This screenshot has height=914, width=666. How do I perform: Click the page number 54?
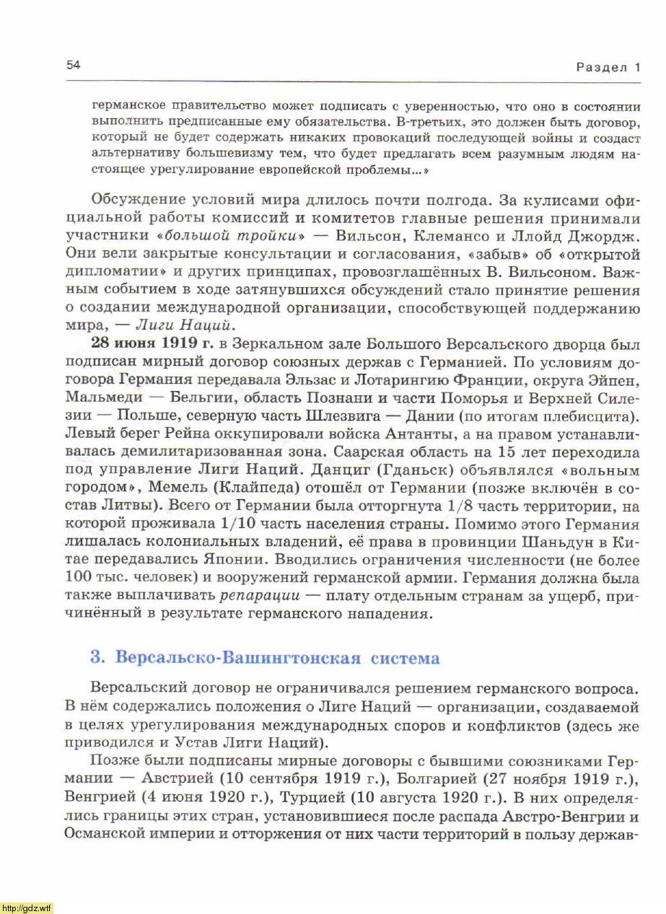(x=73, y=66)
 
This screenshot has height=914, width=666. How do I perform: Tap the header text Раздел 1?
(x=608, y=68)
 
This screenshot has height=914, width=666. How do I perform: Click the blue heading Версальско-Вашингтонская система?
(x=265, y=658)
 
